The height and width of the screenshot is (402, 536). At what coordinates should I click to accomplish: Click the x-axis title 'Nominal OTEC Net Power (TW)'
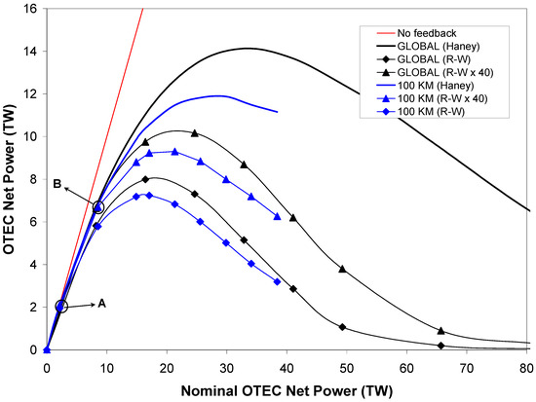tap(287, 391)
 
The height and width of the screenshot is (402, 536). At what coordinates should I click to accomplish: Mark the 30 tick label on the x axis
tap(227, 370)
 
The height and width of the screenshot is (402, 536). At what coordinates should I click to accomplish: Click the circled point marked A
tap(61, 307)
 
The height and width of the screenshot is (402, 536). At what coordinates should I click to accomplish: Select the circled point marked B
tap(97, 207)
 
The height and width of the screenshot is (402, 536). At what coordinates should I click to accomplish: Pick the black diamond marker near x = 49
tap(342, 327)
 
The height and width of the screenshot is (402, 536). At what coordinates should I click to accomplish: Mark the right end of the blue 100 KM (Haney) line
tap(278, 112)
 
